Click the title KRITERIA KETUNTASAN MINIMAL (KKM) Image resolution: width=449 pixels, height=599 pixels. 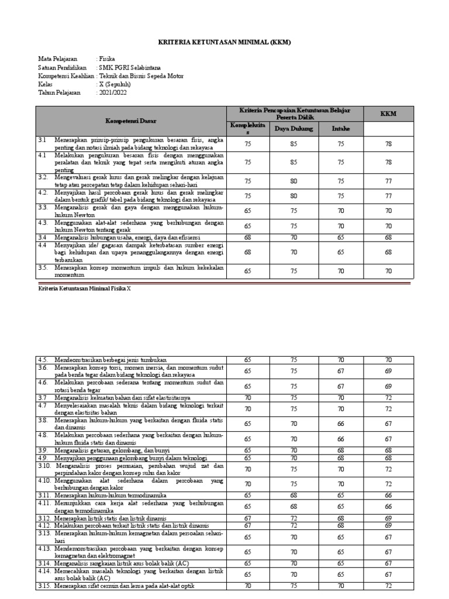click(x=224, y=43)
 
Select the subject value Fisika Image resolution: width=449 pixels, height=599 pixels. click(x=107, y=59)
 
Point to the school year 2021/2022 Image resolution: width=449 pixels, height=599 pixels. click(x=112, y=92)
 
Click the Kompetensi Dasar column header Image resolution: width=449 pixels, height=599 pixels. click(x=131, y=121)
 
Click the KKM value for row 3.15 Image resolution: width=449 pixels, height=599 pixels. click(x=389, y=586)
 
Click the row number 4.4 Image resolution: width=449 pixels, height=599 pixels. click(x=42, y=245)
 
